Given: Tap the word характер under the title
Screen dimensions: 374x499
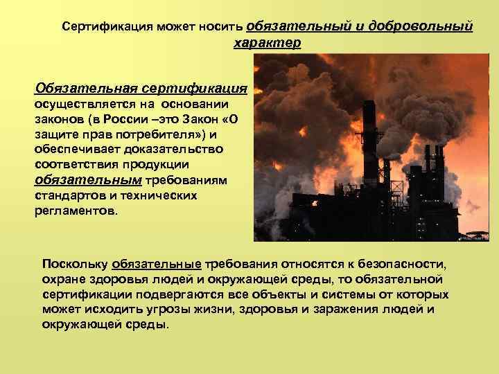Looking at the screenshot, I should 268,43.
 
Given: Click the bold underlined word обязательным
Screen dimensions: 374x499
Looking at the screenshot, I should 87,180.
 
